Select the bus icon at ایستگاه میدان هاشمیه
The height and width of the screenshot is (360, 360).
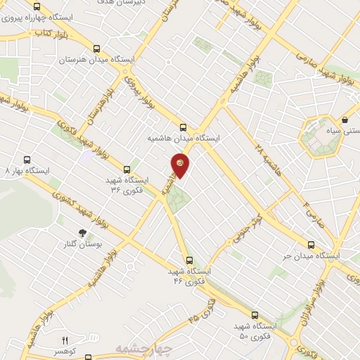(x=184, y=127)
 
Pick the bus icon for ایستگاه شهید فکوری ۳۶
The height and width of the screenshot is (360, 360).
(x=127, y=169)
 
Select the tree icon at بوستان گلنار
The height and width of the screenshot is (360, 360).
(x=82, y=232)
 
